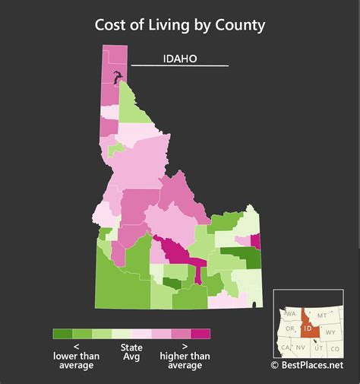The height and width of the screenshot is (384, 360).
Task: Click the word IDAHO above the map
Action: tap(180, 59)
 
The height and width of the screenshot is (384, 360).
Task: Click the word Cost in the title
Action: tap(112, 24)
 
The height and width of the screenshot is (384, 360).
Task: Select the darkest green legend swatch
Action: tap(62, 334)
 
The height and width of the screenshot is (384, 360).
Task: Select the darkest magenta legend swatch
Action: tap(201, 334)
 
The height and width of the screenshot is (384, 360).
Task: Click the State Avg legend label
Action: tap(131, 355)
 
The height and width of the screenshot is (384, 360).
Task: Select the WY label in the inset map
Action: tap(330, 332)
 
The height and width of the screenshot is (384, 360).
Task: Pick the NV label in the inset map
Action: tap(301, 348)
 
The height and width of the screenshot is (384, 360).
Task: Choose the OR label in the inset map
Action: tap(290, 329)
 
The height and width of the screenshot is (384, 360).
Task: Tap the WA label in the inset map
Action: tap(291, 313)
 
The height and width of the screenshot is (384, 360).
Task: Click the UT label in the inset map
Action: tap(317, 348)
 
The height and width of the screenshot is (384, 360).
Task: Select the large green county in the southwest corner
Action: tap(121, 281)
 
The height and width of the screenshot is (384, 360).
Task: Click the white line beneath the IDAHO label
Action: tap(180, 66)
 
